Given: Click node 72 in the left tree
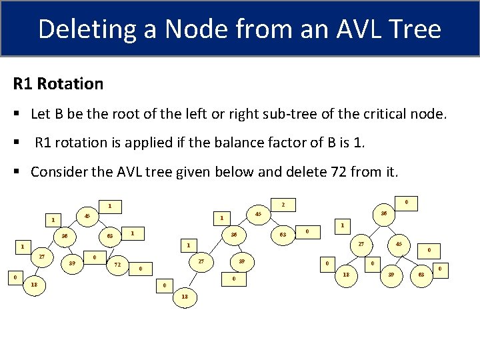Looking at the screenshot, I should (x=117, y=265).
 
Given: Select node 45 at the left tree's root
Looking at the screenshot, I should (x=87, y=216).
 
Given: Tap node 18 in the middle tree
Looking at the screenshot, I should (x=185, y=296).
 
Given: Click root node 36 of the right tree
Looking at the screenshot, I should (x=383, y=213).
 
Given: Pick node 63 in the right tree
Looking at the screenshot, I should (x=421, y=275).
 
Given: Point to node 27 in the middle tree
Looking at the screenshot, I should (x=201, y=262).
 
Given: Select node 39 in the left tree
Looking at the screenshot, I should (x=72, y=263).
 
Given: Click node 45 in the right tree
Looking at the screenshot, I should (x=398, y=244).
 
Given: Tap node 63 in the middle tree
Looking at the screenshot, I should (x=283, y=235).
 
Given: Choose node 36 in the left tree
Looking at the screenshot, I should (x=64, y=235).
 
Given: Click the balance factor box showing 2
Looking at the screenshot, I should (x=283, y=204).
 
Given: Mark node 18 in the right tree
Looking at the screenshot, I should (x=345, y=275).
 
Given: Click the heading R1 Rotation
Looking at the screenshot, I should (x=58, y=84).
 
